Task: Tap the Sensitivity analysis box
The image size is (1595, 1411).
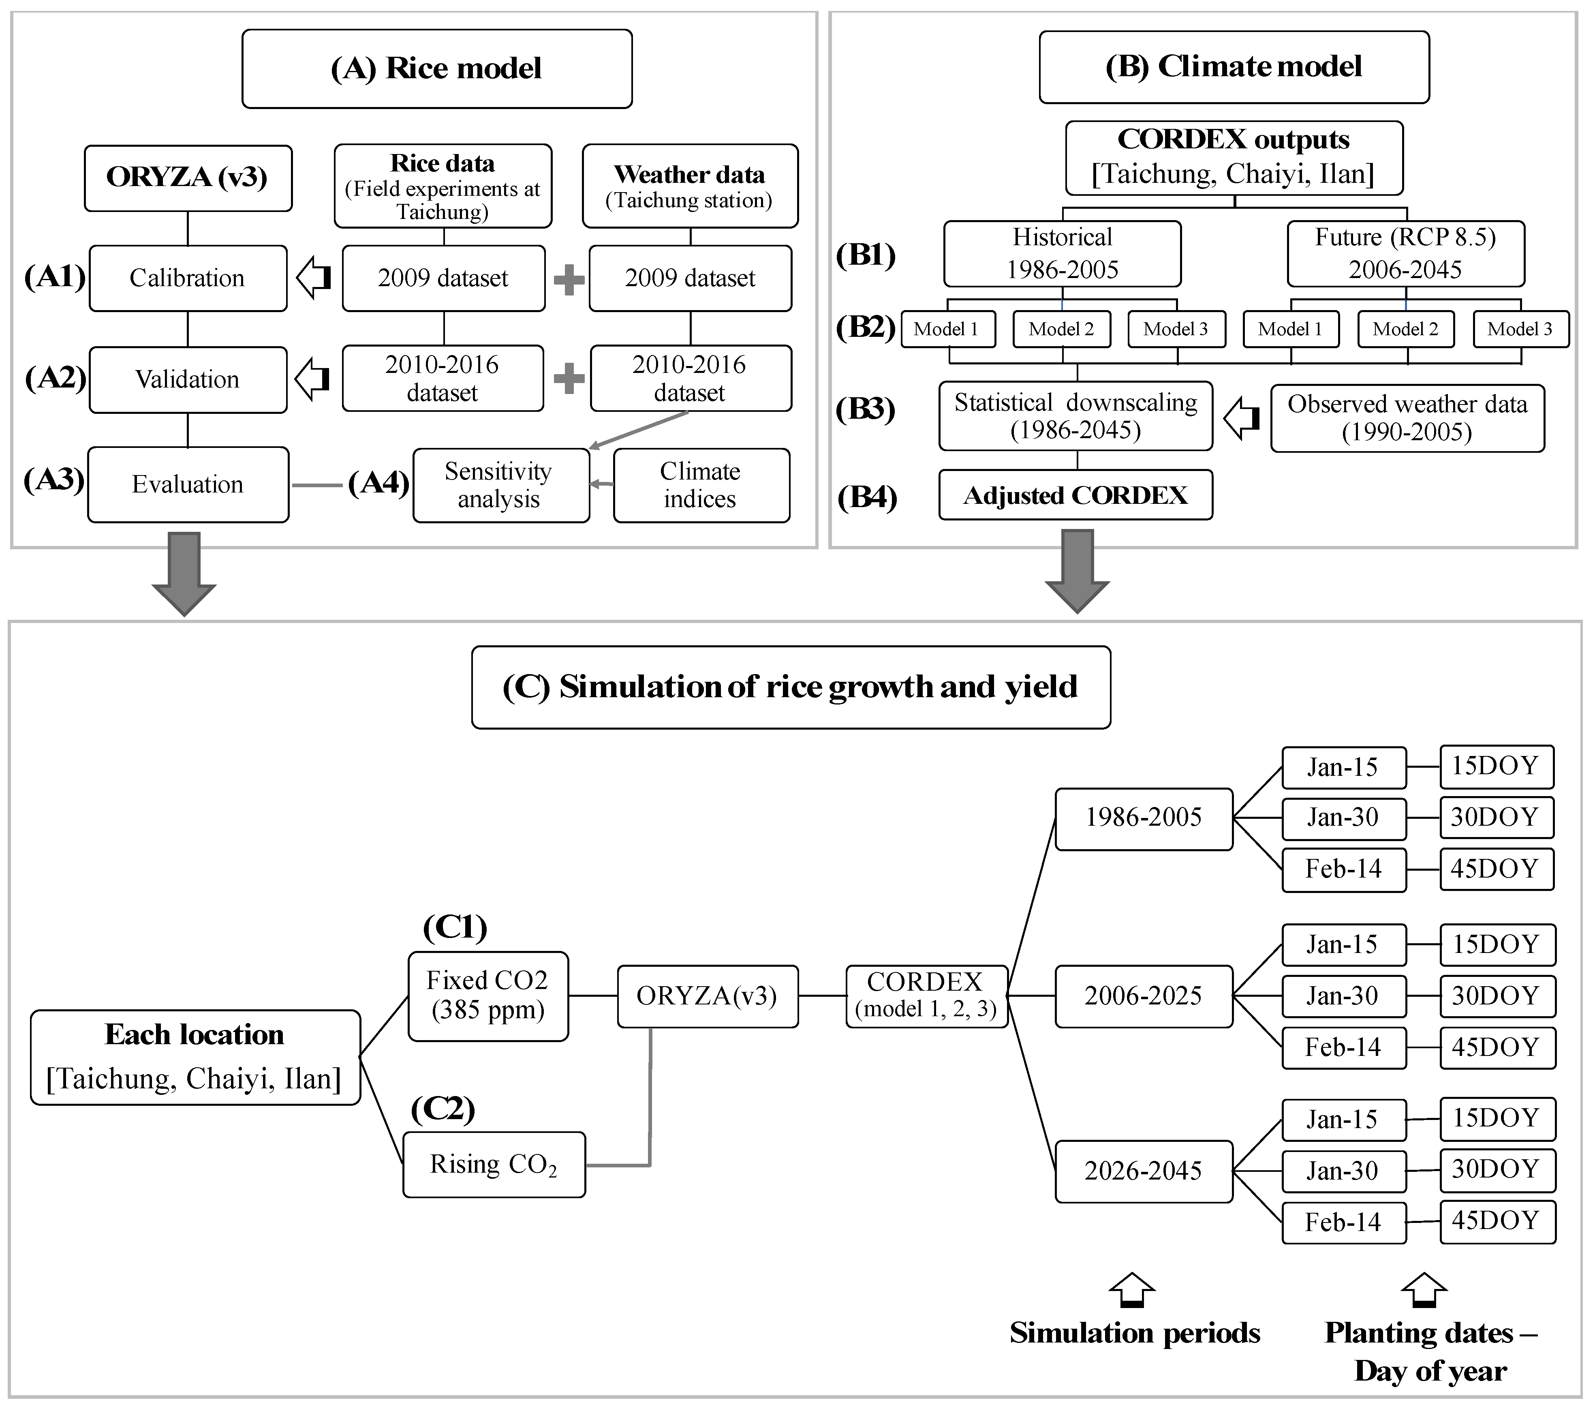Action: [500, 485]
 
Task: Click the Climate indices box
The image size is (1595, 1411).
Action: [701, 485]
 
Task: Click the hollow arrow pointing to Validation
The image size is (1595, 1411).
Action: [313, 379]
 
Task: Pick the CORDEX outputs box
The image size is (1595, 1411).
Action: [1233, 157]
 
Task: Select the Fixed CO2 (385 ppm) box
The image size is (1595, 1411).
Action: [488, 996]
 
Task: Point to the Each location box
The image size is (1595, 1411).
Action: [195, 1057]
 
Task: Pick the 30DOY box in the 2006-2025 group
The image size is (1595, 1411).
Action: [1496, 996]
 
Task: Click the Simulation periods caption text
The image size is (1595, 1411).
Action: [1135, 1333]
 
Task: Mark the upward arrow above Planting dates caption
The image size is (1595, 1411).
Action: [1423, 1290]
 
